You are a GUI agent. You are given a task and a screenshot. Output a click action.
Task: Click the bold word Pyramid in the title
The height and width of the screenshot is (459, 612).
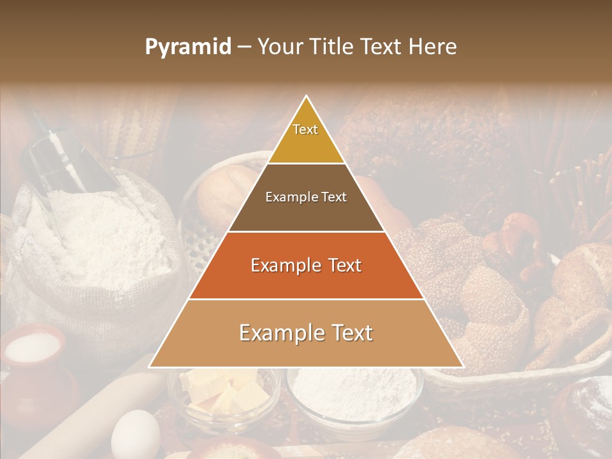coord(187,47)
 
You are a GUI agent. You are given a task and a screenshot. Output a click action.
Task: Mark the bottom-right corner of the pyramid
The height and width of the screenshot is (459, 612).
coord(463,367)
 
